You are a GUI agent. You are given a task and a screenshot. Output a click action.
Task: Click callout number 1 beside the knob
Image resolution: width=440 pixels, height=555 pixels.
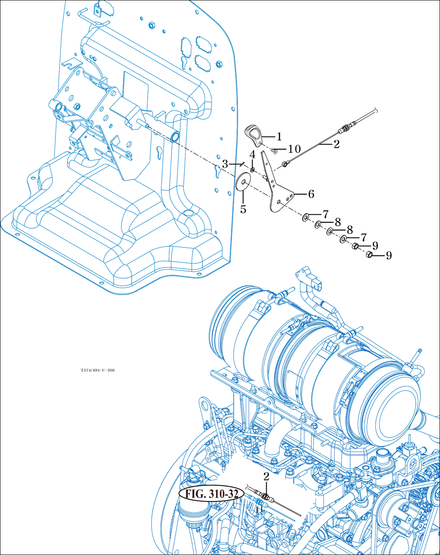(x=279, y=137)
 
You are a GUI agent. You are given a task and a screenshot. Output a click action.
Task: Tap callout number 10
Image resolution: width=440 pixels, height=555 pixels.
(x=294, y=149)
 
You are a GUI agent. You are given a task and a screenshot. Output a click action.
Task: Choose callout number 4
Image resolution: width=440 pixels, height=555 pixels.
(x=252, y=154)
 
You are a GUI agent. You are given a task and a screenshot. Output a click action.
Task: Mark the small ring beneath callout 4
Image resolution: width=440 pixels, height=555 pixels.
(x=253, y=170)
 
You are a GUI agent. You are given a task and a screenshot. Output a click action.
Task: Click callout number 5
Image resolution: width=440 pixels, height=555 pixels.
(x=243, y=210)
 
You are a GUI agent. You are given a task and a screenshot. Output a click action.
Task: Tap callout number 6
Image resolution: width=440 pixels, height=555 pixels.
(x=311, y=194)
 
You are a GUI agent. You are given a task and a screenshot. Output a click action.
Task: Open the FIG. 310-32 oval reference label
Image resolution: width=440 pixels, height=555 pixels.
(x=212, y=494)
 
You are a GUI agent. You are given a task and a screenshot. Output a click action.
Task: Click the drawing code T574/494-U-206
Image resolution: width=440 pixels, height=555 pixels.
(x=98, y=370)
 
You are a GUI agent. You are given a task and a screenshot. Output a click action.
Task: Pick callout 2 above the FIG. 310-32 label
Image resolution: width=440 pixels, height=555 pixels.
(x=266, y=477)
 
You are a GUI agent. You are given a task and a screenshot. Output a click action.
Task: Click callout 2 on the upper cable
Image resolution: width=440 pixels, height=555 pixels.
(x=336, y=144)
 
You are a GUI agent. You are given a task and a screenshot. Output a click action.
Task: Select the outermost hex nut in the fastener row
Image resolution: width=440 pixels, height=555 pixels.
(x=370, y=255)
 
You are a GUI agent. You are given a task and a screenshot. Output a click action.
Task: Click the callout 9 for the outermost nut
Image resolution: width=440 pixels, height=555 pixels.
(x=388, y=256)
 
